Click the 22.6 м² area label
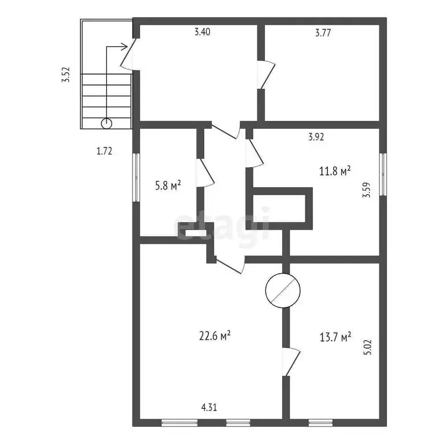pos(214,336)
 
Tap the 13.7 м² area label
pos(335,337)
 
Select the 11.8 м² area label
pos(335,171)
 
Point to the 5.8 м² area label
pos(168,186)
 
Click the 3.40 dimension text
pos(202,32)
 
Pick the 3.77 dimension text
pos(323,33)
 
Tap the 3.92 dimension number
pos(316,137)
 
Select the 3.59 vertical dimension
pos(367,190)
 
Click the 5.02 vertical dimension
pos(367,347)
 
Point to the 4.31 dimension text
pos(209,408)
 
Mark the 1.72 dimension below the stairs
pos(105,151)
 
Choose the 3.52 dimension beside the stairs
pos(66,75)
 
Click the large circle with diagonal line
pos(283,291)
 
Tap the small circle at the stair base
pos(106,124)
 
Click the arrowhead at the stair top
pos(125,47)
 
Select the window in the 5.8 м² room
pos(136,177)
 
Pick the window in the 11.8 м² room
pos(383,174)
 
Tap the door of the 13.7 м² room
pos(291,362)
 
